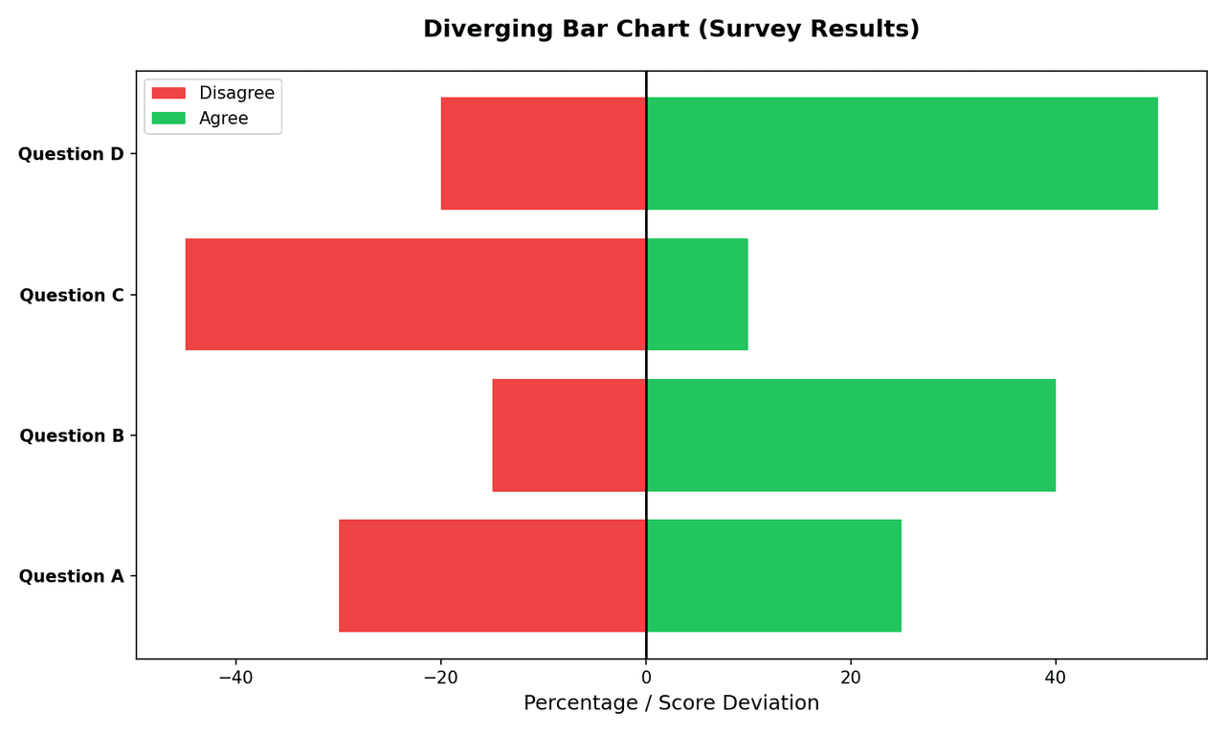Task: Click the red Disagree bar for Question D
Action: [543, 153]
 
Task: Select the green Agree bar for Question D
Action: [902, 153]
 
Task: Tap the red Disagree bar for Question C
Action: [415, 294]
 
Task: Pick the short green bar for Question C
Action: [697, 294]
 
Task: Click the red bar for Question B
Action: [568, 434]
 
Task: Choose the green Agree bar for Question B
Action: [851, 434]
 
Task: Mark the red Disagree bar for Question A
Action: [492, 575]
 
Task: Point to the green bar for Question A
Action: [773, 575]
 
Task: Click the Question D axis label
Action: [71, 154]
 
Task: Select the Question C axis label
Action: [72, 296]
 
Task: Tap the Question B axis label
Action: [72, 436]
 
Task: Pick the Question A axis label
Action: [72, 577]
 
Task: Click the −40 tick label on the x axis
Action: [235, 678]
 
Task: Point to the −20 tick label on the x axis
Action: [440, 678]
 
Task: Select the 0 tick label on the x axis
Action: [646, 678]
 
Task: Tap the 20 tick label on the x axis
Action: [851, 678]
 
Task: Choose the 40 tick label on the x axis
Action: [1056, 678]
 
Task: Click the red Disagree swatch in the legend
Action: [168, 93]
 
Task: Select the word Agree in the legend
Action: [223, 119]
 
